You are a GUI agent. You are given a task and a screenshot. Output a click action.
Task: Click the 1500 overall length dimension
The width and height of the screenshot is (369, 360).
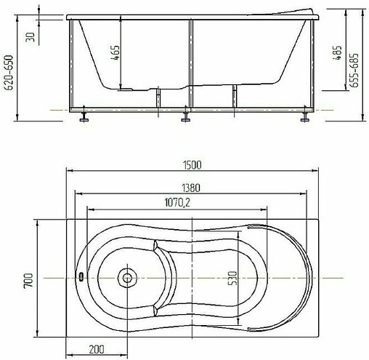192,165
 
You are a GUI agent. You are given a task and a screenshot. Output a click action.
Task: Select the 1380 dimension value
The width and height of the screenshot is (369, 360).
191,188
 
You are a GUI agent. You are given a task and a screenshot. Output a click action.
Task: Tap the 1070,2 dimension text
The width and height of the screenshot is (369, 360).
177,202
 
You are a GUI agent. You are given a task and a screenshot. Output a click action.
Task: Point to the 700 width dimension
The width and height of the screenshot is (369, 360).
28,280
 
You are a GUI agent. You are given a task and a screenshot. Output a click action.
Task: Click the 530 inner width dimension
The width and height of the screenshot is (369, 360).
232,278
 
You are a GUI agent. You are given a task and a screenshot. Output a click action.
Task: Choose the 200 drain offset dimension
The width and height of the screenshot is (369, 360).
97,349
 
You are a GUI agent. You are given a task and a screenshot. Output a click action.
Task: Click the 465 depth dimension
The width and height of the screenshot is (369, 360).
115,52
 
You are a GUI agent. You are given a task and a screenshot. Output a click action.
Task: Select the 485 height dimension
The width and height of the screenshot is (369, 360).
337,52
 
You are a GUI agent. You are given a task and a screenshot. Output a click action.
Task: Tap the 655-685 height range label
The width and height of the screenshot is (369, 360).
354,71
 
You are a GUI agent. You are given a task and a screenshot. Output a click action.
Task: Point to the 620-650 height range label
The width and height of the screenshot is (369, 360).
9,73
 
